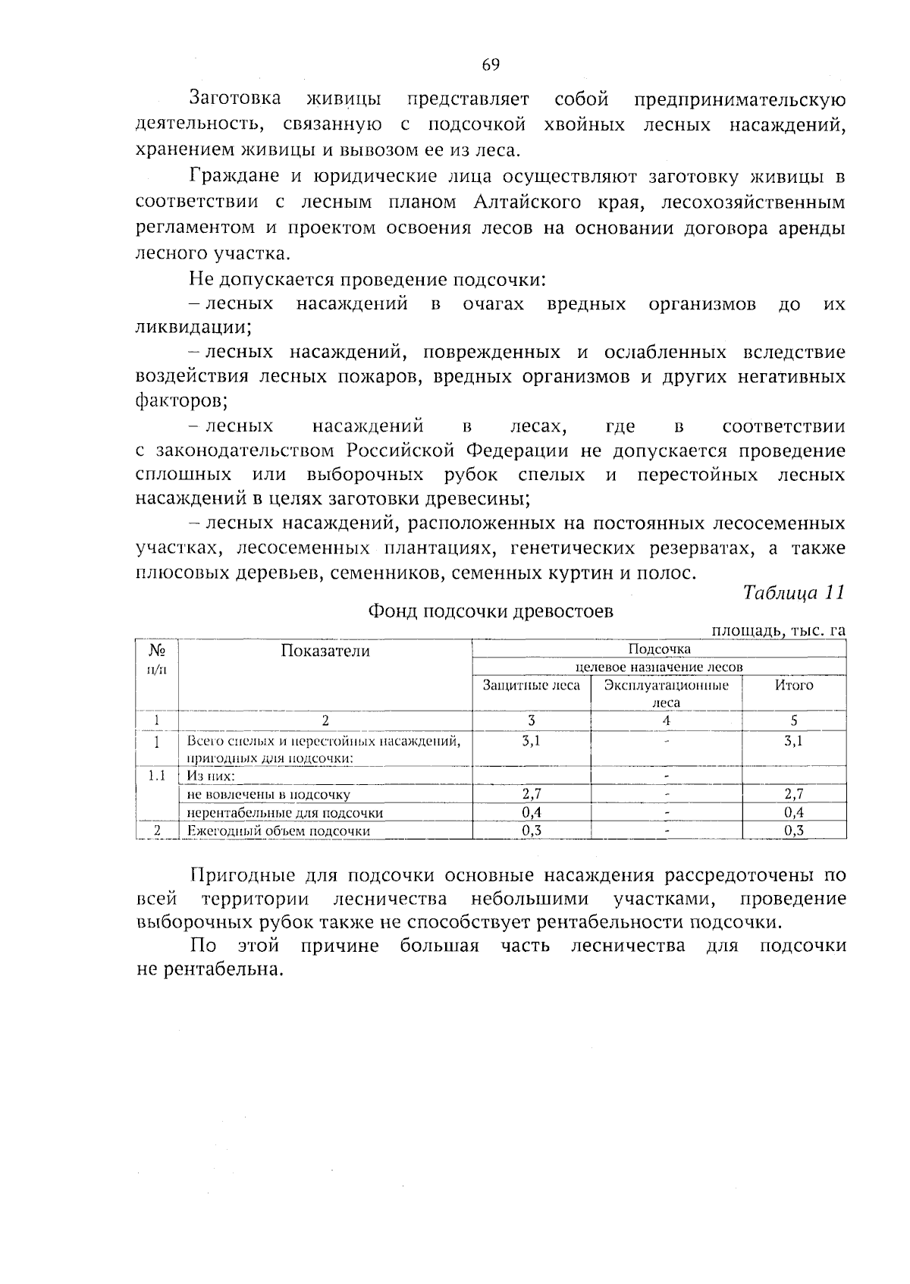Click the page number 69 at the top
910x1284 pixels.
490,65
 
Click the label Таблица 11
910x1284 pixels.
793,592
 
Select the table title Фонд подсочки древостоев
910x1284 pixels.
490,611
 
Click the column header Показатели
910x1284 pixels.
325,651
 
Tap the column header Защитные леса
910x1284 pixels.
532,686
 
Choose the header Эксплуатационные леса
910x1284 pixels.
666,693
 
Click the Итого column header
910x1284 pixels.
793,686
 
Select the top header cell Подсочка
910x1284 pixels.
659,649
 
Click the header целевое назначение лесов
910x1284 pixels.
659,667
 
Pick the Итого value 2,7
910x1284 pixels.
793,794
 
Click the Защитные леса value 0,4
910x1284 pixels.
532,812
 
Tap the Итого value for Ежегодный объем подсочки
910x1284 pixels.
793,830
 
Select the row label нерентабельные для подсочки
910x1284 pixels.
285,813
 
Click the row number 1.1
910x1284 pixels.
156,776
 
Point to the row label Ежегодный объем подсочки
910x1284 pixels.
278,830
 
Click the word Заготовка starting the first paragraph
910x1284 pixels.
235,99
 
